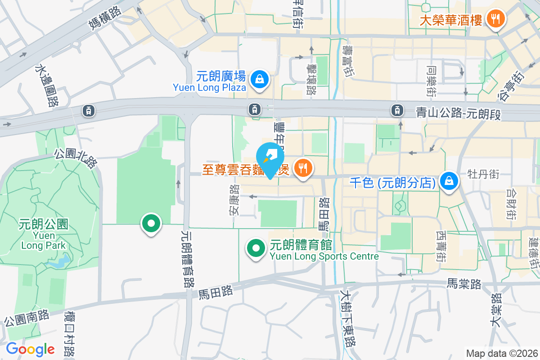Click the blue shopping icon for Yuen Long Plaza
pyautogui.click(x=260, y=79)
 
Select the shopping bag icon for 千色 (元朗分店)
pyautogui.click(x=449, y=181)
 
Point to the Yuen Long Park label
pyautogui.click(x=44, y=234)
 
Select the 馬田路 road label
pyautogui.click(x=216, y=292)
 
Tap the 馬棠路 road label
pyautogui.click(x=464, y=284)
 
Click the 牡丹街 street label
pyautogui.click(x=483, y=174)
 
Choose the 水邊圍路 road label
pyautogui.click(x=46, y=85)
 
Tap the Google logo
pyautogui.click(x=30, y=349)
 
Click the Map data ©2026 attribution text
pyautogui.click(x=501, y=353)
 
